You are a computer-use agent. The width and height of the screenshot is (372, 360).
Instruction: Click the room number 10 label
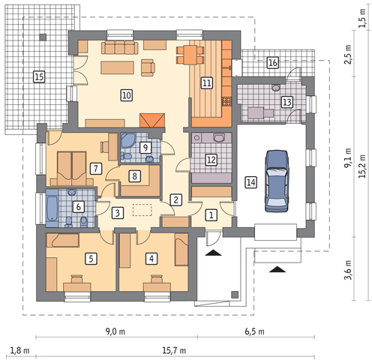pyautogui.click(x=127, y=95)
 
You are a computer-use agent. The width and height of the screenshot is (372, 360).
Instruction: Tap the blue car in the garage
pyautogui.click(x=277, y=181)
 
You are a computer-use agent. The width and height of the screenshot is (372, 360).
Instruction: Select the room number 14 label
pyautogui.click(x=250, y=182)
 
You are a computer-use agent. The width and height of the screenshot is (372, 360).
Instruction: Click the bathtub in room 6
pyautogui.click(x=52, y=208)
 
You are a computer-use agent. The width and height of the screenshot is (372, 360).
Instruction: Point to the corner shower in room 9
pyautogui.click(x=128, y=140)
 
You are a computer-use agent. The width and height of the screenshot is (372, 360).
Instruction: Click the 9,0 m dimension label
pyautogui.click(x=115, y=331)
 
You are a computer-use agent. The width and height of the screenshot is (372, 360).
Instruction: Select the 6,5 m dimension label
pyautogui.click(x=254, y=331)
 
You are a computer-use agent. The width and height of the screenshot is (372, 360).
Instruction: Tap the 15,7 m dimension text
pyautogui.click(x=174, y=350)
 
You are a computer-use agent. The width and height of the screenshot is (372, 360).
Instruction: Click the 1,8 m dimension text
pyautogui.click(x=19, y=350)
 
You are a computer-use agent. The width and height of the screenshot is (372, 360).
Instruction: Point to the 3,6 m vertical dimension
pyautogui.click(x=349, y=270)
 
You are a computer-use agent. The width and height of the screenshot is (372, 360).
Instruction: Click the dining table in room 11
pyautogui.click(x=190, y=55)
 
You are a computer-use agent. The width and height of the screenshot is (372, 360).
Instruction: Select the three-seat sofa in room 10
pyautogui.click(x=120, y=48)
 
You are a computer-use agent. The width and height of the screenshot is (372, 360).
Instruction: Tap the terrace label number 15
pyautogui.click(x=39, y=76)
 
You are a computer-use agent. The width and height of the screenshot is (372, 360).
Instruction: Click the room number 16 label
pyautogui.click(x=272, y=62)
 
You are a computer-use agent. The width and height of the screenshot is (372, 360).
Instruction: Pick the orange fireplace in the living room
pyautogui.click(x=152, y=120)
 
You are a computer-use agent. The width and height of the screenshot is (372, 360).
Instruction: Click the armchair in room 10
pyautogui.click(x=148, y=67)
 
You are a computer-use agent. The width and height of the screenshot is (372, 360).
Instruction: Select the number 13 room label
pyautogui.click(x=287, y=102)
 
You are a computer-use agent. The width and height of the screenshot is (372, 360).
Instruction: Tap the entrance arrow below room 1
pyautogui.click(x=213, y=253)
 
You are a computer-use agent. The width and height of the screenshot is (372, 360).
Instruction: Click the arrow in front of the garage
pyautogui.click(x=277, y=269)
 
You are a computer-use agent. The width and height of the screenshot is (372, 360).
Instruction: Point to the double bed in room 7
pyautogui.click(x=72, y=169)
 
